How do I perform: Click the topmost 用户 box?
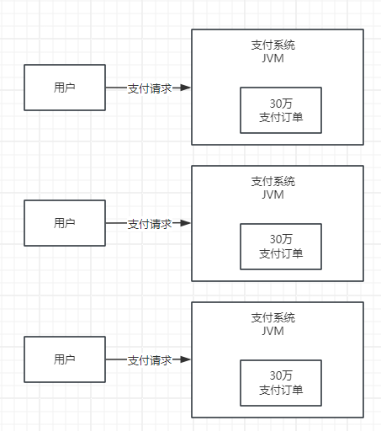coord(65,87)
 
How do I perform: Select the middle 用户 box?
coord(65,223)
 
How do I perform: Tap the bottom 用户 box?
coord(65,359)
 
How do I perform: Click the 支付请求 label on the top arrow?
coord(150,88)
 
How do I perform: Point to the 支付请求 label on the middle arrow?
coord(150,224)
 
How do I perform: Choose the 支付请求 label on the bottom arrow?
coord(150,360)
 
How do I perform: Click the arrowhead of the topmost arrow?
coord(186,88)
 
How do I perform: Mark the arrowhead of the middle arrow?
coord(186,224)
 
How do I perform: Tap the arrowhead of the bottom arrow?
coord(186,360)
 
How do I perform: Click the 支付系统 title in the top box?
coord(273,45)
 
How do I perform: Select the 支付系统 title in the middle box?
coord(273,181)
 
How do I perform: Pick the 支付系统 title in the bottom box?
coord(273,317)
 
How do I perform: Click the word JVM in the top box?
coord(273,58)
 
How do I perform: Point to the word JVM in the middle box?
coord(273,194)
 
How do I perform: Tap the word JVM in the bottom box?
coord(273,331)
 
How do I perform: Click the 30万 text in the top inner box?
coord(281,103)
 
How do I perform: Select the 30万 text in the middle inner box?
coord(281,239)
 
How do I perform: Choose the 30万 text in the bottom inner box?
coord(281,375)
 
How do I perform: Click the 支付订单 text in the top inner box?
coord(281,117)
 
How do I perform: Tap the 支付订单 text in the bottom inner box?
coord(281,390)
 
